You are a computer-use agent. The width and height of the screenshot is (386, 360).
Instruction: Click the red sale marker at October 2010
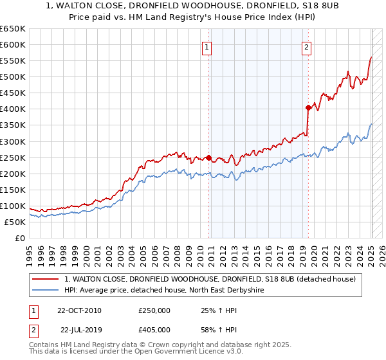(x=209, y=157)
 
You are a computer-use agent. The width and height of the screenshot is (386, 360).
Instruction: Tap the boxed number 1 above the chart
(x=207, y=46)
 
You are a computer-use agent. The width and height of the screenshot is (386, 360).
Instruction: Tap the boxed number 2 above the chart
(x=306, y=46)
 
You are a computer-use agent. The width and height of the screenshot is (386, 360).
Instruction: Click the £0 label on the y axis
(x=20, y=239)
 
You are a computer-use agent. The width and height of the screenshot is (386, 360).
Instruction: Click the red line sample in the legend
(x=46, y=279)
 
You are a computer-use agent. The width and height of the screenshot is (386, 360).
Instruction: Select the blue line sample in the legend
(x=46, y=291)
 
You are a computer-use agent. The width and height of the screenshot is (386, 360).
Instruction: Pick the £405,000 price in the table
(x=154, y=330)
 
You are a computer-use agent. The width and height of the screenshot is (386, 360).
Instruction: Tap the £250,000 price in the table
(x=154, y=310)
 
